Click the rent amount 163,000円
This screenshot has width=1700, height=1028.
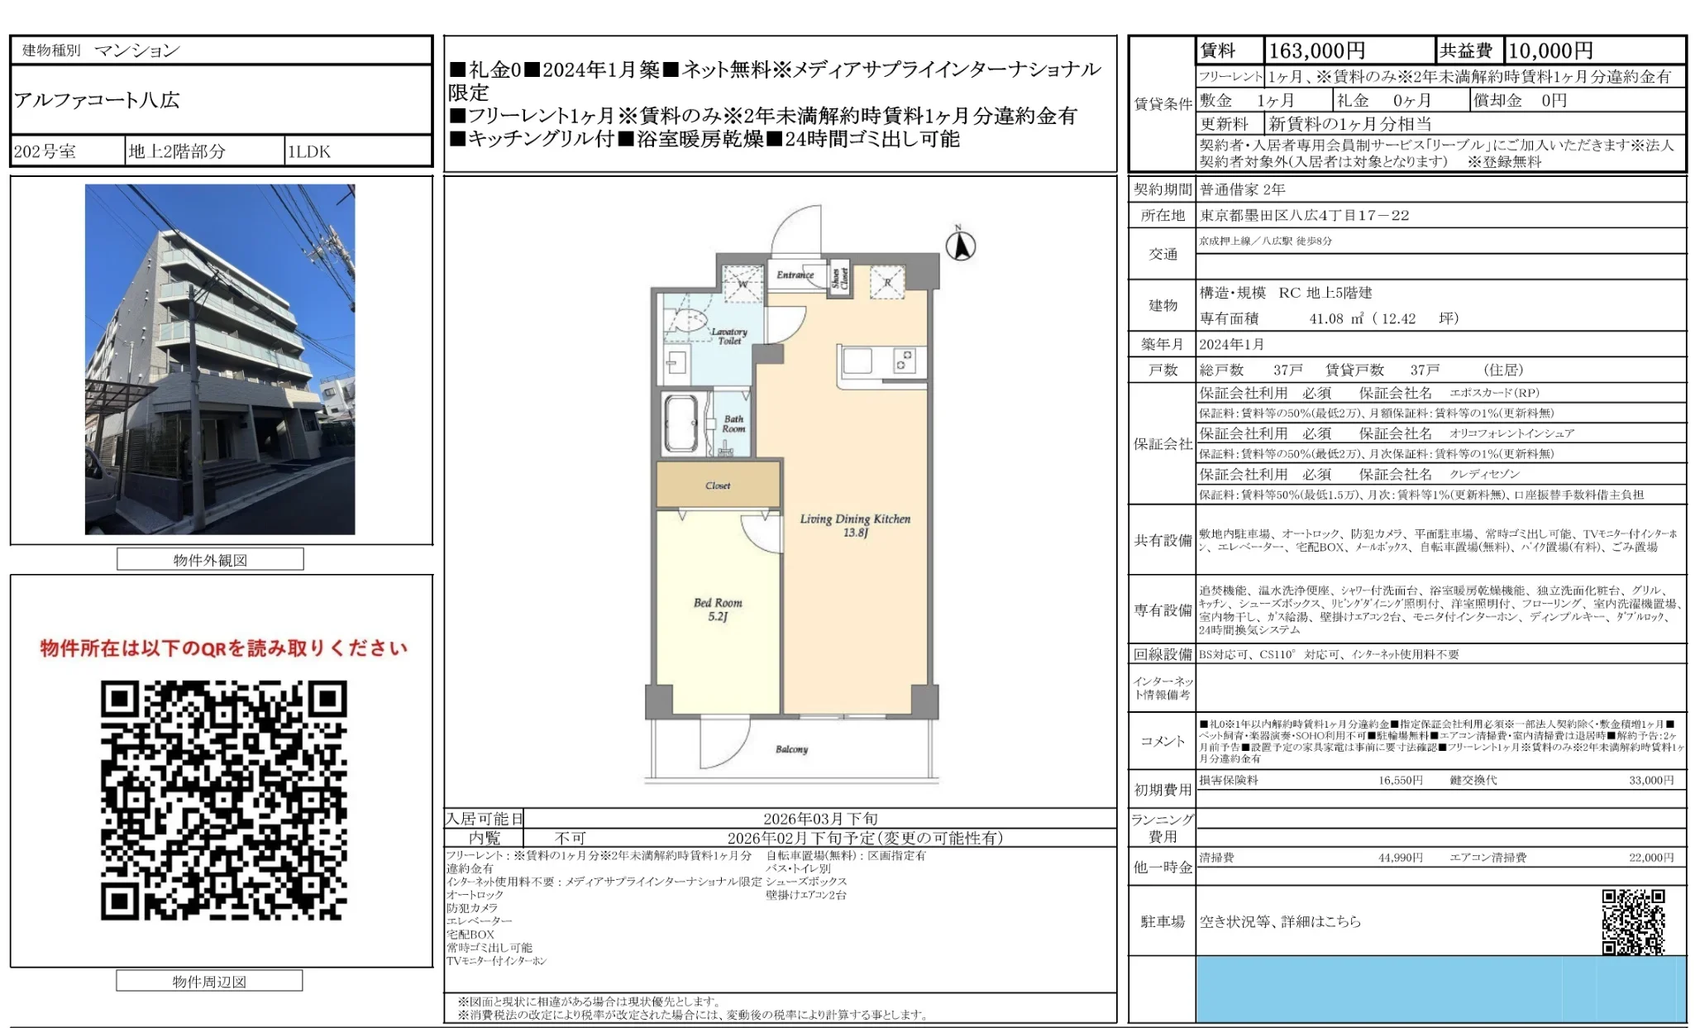pyautogui.click(x=1316, y=51)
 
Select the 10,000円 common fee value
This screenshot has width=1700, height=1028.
pyautogui.click(x=1550, y=51)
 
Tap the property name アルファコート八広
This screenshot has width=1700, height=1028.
pyautogui.click(x=97, y=100)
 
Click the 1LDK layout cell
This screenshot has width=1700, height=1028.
pyautogui.click(x=308, y=151)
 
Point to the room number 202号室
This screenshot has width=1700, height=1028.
pyautogui.click(x=45, y=151)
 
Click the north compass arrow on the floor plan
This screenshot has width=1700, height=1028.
pyautogui.click(x=960, y=245)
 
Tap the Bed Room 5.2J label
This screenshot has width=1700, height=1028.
pyautogui.click(x=718, y=610)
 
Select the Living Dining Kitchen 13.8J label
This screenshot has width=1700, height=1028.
pyautogui.click(x=855, y=525)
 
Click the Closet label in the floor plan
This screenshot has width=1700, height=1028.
pyautogui.click(x=718, y=485)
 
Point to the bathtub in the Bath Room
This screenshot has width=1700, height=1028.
pyautogui.click(x=682, y=423)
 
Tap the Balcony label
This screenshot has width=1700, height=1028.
pyautogui.click(x=791, y=749)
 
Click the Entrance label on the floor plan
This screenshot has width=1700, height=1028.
pyautogui.click(x=795, y=275)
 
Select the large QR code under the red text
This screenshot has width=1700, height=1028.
pyautogui.click(x=223, y=800)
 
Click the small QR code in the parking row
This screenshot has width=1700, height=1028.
pyautogui.click(x=1633, y=921)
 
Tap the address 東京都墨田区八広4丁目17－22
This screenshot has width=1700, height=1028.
pyautogui.click(x=1304, y=215)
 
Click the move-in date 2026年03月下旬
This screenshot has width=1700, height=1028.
pyautogui.click(x=819, y=819)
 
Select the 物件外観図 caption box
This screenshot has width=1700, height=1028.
pyautogui.click(x=210, y=560)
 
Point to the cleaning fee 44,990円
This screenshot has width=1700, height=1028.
pyautogui.click(x=1400, y=858)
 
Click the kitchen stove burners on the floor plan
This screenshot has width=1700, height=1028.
pyautogui.click(x=905, y=361)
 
